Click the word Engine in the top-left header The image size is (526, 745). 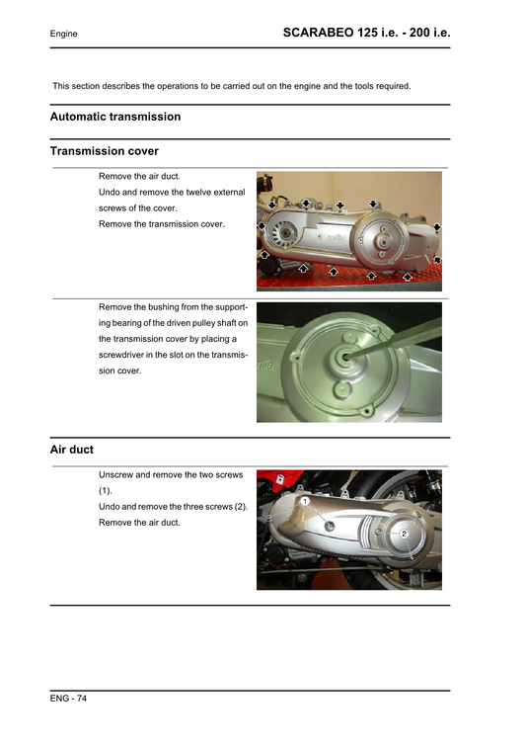[65, 35]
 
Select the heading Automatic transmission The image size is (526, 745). [115, 117]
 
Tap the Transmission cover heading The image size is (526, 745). [104, 151]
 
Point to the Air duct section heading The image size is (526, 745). [72, 450]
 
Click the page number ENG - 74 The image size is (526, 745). [69, 699]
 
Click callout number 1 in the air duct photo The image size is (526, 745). [306, 502]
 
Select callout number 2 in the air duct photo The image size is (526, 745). [404, 534]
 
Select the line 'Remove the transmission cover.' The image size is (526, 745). [162, 224]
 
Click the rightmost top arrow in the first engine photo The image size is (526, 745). [373, 203]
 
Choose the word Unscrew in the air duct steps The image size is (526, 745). [118, 475]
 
